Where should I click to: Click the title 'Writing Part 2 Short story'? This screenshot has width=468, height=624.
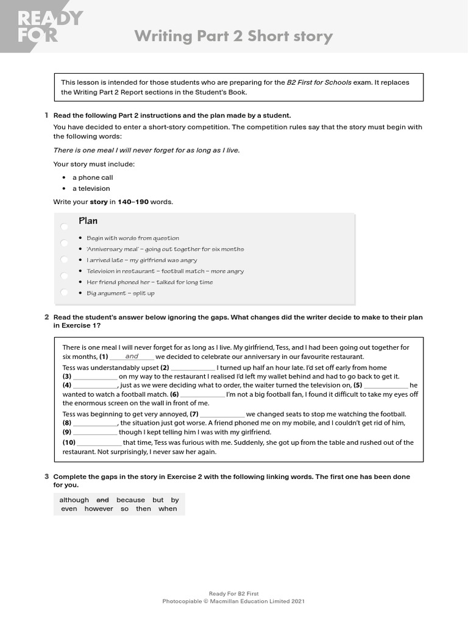[x=233, y=37]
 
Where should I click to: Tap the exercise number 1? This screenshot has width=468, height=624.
[x=46, y=115]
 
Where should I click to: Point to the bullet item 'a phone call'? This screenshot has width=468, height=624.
[x=92, y=177]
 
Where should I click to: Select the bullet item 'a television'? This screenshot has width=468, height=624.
[x=91, y=188]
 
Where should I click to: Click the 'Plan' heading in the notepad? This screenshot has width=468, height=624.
[x=88, y=221]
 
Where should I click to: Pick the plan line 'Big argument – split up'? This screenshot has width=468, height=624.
[x=120, y=293]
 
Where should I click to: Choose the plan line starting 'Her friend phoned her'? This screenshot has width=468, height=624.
[x=149, y=282]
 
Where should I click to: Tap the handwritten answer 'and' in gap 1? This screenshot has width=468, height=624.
[x=132, y=356]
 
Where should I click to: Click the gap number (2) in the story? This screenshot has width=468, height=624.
[x=165, y=367]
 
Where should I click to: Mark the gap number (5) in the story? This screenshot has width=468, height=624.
[x=358, y=385]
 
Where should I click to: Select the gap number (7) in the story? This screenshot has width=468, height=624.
[x=194, y=414]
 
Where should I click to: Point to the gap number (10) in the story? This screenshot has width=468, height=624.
[x=69, y=442]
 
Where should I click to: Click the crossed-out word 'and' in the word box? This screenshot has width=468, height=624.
[x=102, y=500]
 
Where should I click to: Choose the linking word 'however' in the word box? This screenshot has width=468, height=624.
[x=99, y=509]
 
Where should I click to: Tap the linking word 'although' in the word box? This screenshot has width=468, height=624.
[x=74, y=500]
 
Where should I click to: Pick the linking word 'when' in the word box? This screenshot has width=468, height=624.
[x=168, y=509]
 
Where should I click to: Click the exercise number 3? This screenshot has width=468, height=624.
[x=46, y=476]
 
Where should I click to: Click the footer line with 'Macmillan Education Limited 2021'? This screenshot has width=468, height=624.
[x=233, y=601]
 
